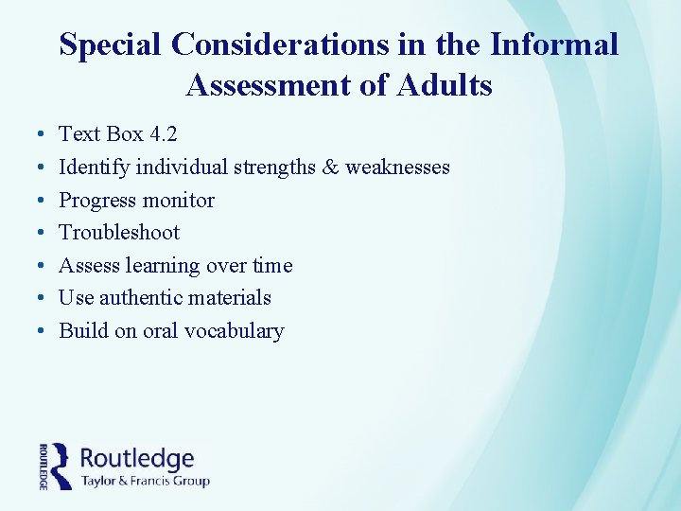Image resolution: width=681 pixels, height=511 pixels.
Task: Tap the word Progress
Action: click(x=97, y=201)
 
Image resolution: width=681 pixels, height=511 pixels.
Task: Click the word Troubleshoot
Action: click(x=119, y=233)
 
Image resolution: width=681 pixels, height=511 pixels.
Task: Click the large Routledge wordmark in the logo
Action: click(x=137, y=459)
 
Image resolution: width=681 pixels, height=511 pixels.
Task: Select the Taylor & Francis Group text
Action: click(x=145, y=481)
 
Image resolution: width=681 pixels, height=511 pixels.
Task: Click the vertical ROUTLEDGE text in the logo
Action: click(x=44, y=466)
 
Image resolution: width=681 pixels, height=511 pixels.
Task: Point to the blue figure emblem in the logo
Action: click(x=61, y=465)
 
